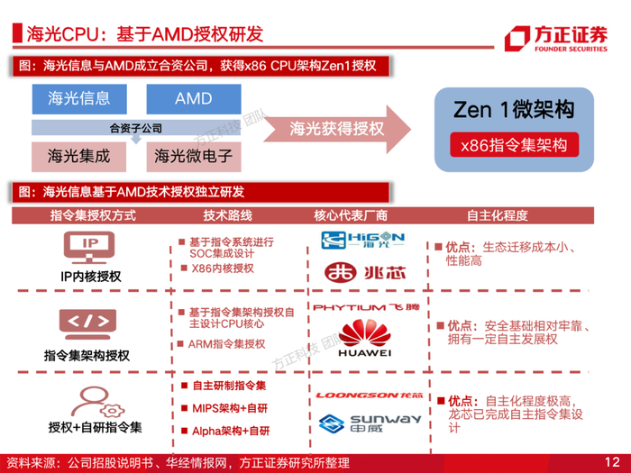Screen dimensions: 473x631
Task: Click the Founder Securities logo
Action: pyautogui.click(x=557, y=39)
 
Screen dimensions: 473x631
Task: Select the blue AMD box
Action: pyautogui.click(x=193, y=98)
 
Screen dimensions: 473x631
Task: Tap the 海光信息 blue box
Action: pyautogui.click(x=78, y=98)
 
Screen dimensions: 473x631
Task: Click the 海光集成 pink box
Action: pyautogui.click(x=78, y=156)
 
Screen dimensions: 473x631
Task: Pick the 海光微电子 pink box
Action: pyautogui.click(x=193, y=156)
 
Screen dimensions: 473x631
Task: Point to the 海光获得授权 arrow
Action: pyautogui.click(x=335, y=128)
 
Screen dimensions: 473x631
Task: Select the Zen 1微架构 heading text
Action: pyautogui.click(x=513, y=109)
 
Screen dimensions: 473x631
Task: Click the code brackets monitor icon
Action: pyautogui.click(x=89, y=323)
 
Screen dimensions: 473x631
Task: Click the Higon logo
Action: pyautogui.click(x=363, y=240)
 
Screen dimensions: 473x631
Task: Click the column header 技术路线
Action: pyautogui.click(x=228, y=216)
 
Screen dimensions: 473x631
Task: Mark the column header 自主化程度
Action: pyautogui.click(x=497, y=216)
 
